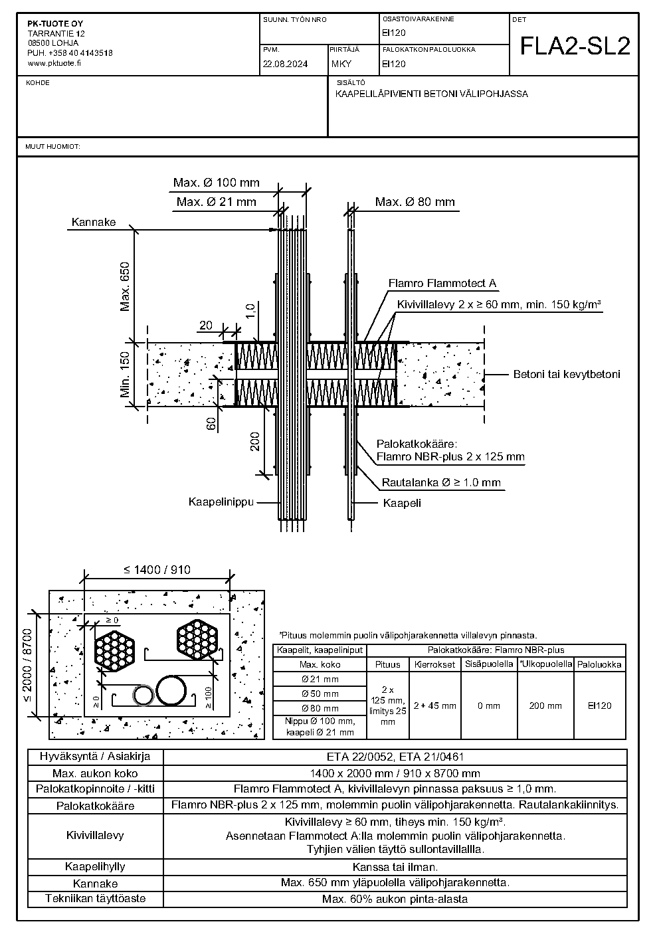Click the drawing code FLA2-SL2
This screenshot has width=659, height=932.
tap(575, 46)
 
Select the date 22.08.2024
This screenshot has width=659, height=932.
tap(285, 64)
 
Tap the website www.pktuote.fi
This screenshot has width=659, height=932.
tap(54, 63)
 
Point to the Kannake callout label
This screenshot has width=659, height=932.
tap(94, 222)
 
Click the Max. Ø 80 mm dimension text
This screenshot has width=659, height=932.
tap(415, 202)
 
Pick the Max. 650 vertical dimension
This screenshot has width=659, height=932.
tap(125, 286)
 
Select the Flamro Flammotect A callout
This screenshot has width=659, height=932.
tap(442, 284)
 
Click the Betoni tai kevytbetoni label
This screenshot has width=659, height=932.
tap(567, 374)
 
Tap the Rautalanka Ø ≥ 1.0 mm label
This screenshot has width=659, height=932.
tap(441, 483)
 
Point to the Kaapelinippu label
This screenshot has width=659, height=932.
tap(221, 502)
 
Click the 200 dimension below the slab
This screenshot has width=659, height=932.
tap(254, 442)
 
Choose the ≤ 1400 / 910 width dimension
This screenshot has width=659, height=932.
tap(157, 569)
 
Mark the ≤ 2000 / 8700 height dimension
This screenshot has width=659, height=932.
tap(27, 665)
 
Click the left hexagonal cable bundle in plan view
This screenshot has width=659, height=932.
tap(114, 651)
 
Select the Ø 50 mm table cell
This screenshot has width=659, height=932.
tap(320, 694)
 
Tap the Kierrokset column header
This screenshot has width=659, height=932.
tap(434, 665)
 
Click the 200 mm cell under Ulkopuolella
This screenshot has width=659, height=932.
tap(545, 705)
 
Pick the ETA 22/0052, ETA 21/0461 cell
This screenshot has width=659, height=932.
tap(395, 757)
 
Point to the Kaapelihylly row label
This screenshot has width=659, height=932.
tap(95, 867)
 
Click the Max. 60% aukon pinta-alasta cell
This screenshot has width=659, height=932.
tap(395, 899)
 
